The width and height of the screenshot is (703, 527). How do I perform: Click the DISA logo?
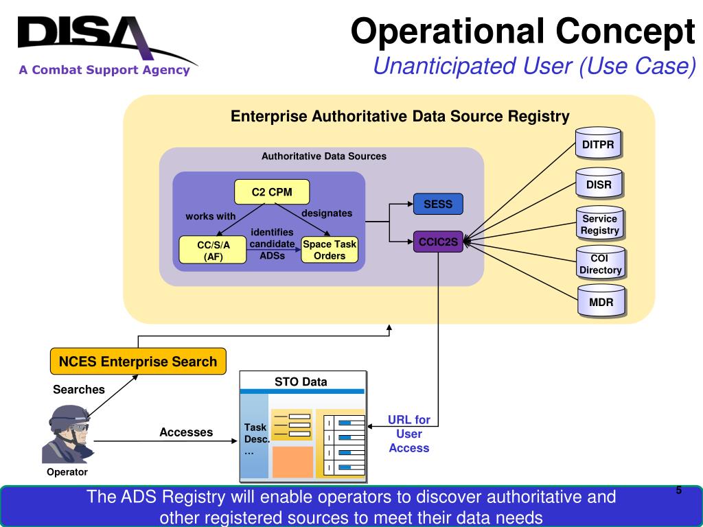(106, 45)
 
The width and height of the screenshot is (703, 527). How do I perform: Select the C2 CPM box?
(272, 192)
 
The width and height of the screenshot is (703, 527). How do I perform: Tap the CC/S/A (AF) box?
(213, 250)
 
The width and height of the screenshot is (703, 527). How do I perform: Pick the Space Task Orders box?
(330, 250)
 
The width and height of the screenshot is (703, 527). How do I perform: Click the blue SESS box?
(438, 204)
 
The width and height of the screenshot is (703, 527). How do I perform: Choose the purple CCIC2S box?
(438, 242)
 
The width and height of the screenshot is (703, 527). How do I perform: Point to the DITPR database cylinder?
(598, 143)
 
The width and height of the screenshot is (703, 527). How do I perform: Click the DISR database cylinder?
(599, 183)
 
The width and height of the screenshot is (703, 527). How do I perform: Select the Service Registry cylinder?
(600, 223)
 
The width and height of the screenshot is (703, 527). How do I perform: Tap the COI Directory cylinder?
(600, 263)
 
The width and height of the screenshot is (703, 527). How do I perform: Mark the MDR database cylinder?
(601, 301)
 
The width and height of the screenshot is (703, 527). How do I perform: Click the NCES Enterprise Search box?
(138, 361)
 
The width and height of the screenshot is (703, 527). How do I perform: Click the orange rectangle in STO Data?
(292, 462)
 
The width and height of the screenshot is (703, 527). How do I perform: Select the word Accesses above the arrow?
(186, 432)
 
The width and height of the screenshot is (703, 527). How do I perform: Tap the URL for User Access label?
(409, 434)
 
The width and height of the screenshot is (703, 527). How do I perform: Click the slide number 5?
(679, 490)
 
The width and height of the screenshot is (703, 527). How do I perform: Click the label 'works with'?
(210, 216)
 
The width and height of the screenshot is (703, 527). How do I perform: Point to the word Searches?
(79, 390)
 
